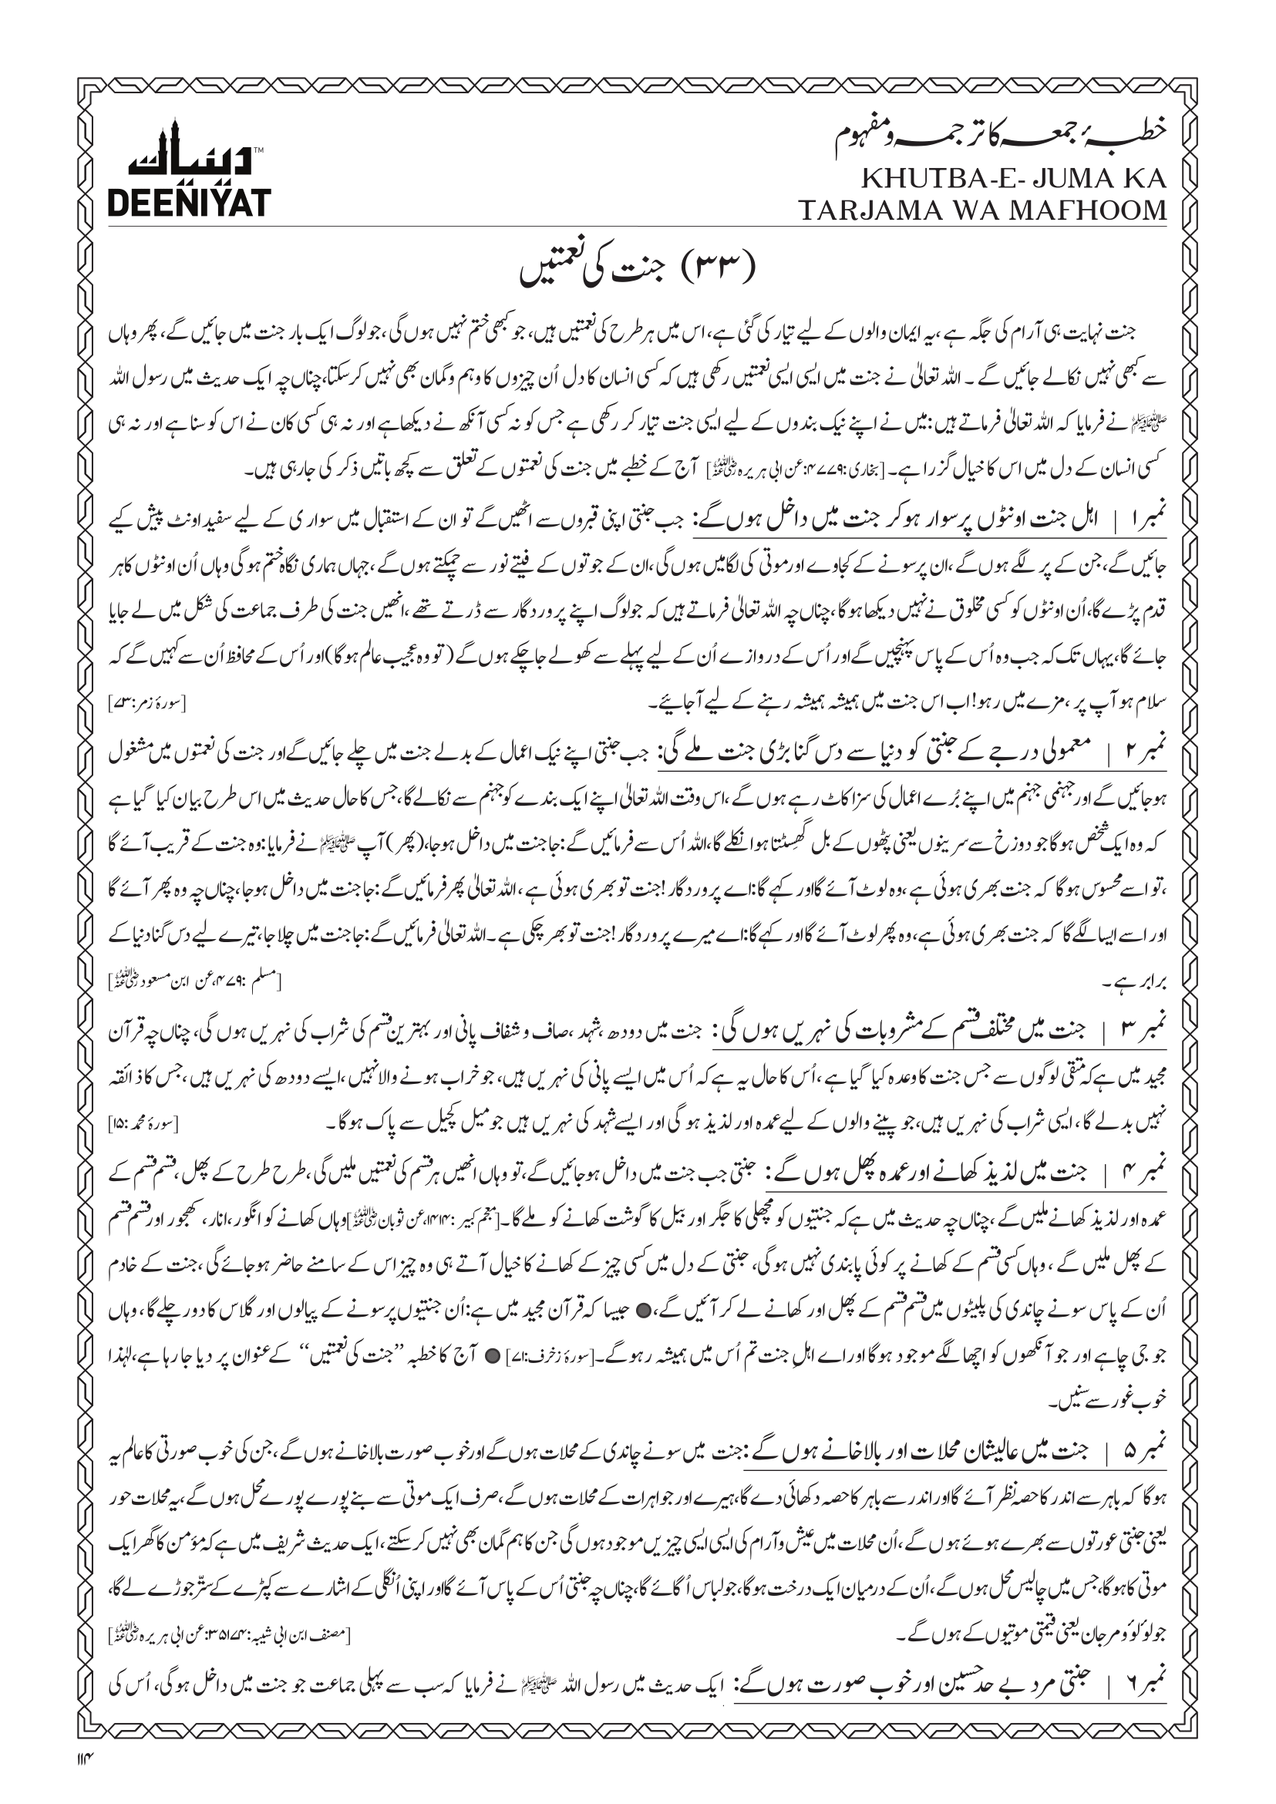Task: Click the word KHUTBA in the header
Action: (x=920, y=179)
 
